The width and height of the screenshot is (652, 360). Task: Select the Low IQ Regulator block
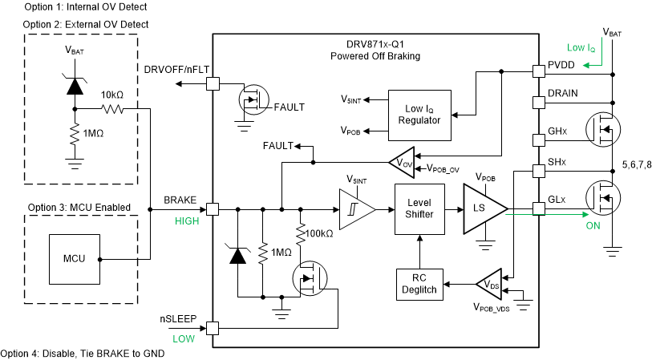(419, 115)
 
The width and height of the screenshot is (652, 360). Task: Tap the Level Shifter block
(419, 209)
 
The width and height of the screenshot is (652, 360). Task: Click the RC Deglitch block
(419, 283)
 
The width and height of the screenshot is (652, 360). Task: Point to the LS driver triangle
(482, 209)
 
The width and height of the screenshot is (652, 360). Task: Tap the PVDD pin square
(537, 71)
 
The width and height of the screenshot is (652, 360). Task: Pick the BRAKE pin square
(213, 209)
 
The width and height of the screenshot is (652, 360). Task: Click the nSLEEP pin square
(213, 327)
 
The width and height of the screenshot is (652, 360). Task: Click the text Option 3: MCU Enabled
(79, 208)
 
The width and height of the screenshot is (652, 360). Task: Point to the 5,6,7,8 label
(636, 166)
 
